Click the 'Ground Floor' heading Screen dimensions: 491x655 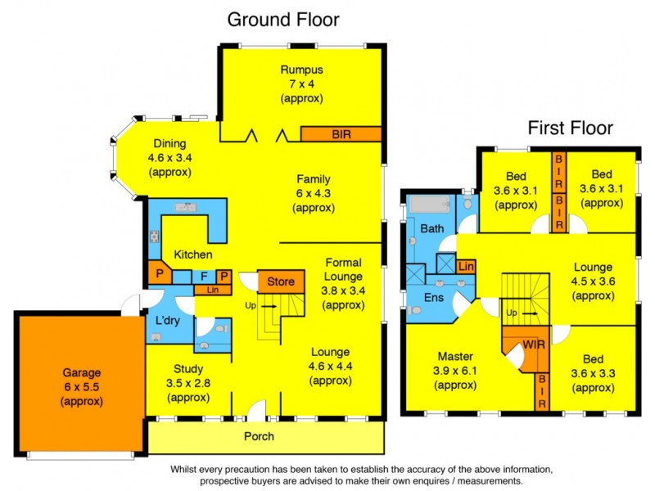pos(282,19)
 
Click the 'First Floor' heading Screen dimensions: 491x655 pos(570,128)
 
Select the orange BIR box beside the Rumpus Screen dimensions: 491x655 pos(341,133)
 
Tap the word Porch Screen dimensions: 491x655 pos(260,436)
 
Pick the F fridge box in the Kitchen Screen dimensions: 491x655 pos(205,277)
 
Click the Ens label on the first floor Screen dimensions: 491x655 pos(433,297)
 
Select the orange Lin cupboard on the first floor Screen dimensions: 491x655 pos(466,267)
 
